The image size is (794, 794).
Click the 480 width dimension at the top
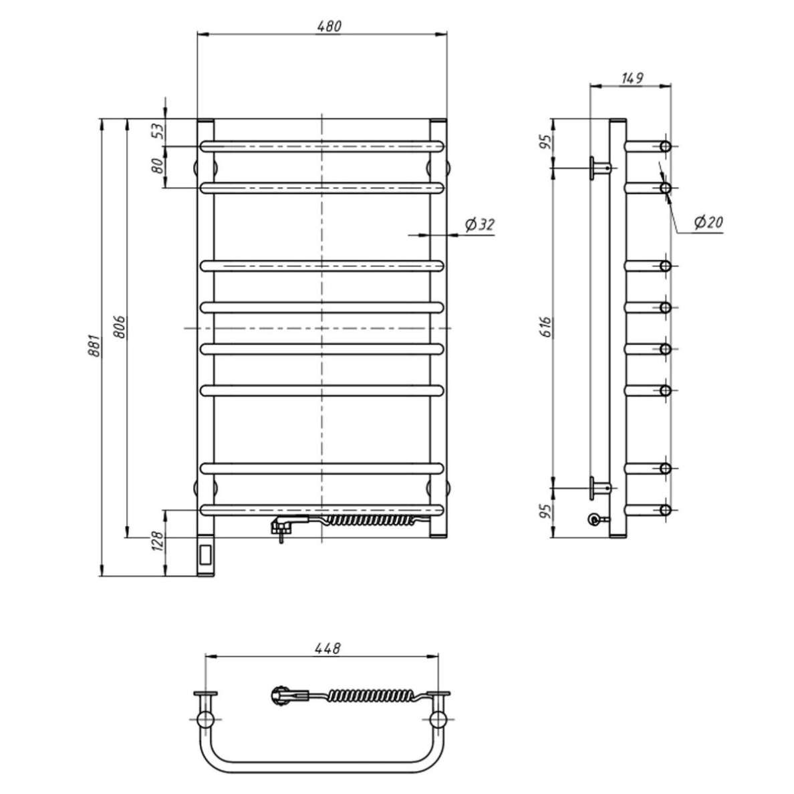[329, 26]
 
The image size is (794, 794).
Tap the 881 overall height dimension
[94, 346]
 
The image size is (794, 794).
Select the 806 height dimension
[119, 327]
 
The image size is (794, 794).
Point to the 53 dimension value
[158, 131]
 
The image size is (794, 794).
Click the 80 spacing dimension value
[158, 166]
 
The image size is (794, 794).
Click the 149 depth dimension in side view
[632, 78]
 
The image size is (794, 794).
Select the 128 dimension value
[158, 542]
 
